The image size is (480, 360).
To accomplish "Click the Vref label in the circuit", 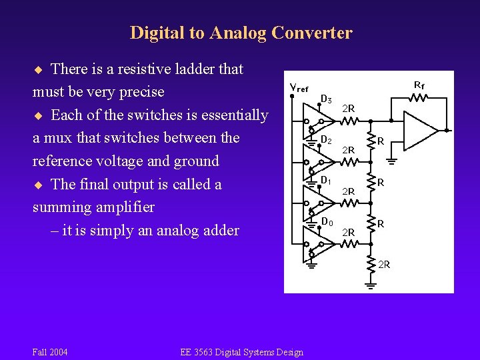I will tap(299, 88).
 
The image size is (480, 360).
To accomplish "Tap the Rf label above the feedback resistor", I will tap(419, 85).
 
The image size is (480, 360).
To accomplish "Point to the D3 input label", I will tap(326, 100).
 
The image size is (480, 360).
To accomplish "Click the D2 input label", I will tap(326, 140).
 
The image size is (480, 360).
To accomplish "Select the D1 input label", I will tap(326, 181).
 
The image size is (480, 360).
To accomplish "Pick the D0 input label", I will tap(326, 221).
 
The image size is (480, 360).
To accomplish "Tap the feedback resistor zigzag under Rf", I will tap(419, 98).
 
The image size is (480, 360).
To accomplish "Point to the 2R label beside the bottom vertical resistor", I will tap(384, 265).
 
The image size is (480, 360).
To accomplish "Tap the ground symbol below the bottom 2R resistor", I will tap(371, 285).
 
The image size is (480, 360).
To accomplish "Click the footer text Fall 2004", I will tap(50, 352).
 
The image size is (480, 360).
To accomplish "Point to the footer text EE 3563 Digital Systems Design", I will tap(241, 352).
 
